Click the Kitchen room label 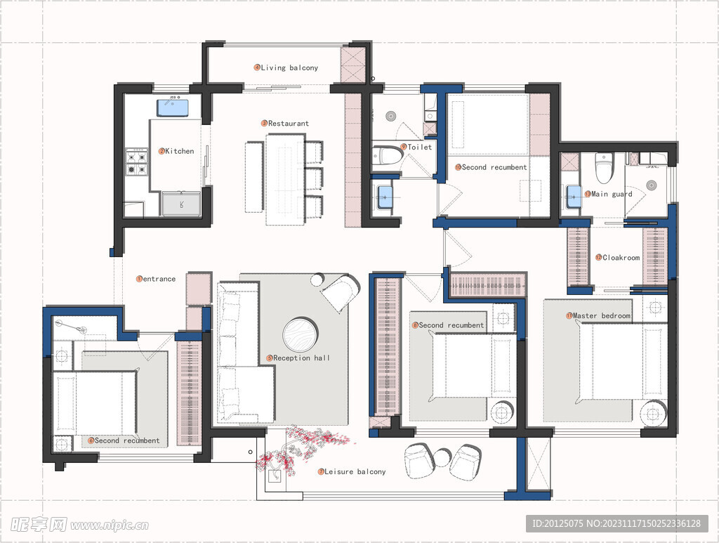pyautogui.click(x=179, y=151)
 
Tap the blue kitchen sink pyautogui.click(x=173, y=107)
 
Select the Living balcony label pyautogui.click(x=289, y=67)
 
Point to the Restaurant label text pyautogui.click(x=289, y=124)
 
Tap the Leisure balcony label pyautogui.click(x=355, y=471)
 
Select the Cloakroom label pyautogui.click(x=621, y=258)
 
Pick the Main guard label pyautogui.click(x=612, y=194)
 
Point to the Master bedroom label pyautogui.click(x=601, y=315)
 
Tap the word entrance pyautogui.click(x=159, y=279)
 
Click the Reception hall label pyautogui.click(x=301, y=358)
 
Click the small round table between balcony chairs pyautogui.click(x=442, y=457)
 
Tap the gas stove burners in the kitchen pyautogui.click(x=138, y=164)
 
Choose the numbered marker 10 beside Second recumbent pyautogui.click(x=458, y=167)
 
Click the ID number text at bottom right pyautogui.click(x=616, y=523)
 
